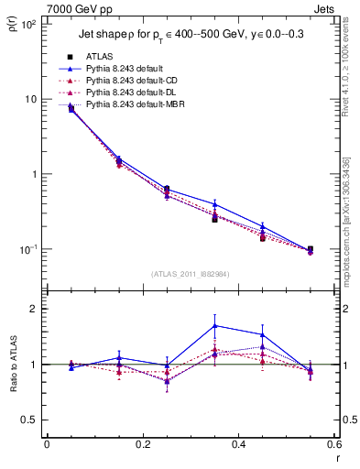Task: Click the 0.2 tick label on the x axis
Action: (x=142, y=444)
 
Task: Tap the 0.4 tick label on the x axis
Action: (x=238, y=444)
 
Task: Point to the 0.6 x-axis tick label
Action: (x=333, y=444)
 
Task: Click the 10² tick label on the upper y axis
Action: (x=28, y=25)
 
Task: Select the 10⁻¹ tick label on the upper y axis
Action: (x=28, y=249)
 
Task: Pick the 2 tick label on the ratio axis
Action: (x=33, y=309)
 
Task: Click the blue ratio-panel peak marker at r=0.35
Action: (x=214, y=325)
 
